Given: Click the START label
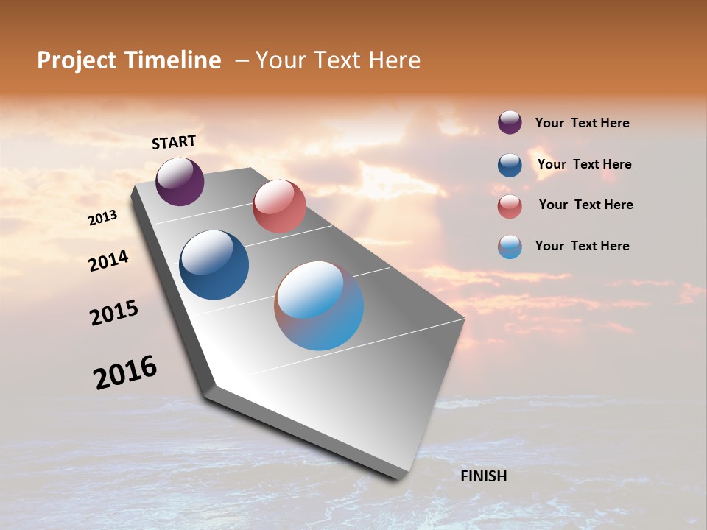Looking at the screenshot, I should tap(174, 142).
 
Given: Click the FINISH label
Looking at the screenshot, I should tap(483, 476).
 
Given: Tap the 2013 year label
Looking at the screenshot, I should tap(102, 218).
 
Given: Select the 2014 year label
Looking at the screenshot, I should tap(108, 261).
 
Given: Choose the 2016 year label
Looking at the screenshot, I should tap(125, 372).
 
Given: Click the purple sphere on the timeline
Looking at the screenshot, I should tap(180, 181).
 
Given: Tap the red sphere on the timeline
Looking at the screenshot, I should tap(279, 206).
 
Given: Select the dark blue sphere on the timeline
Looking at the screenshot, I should tap(214, 265).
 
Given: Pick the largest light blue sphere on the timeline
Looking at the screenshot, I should tap(319, 305).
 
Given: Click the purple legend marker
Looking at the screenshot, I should tap(510, 123).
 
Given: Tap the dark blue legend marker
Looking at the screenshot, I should tap(510, 165).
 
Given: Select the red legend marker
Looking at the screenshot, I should tap(510, 206).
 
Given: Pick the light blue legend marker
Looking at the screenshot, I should tap(510, 247).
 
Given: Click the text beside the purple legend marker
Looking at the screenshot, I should tap(582, 124).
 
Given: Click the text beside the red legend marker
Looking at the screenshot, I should tap(585, 205).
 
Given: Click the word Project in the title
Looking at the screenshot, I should tap(77, 60).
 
